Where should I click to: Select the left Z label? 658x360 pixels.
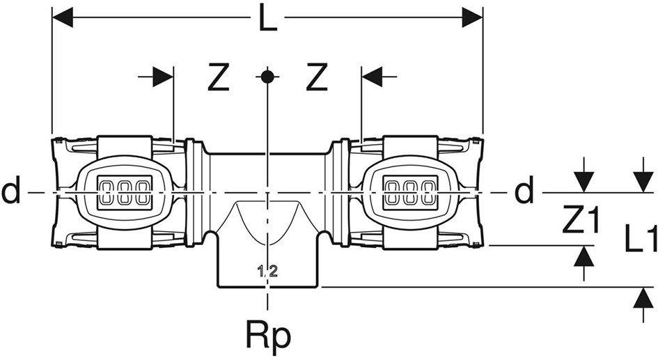click(x=219, y=79)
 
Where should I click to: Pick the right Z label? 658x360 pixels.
click(x=316, y=79)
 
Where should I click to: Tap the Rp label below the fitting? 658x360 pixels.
click(x=268, y=337)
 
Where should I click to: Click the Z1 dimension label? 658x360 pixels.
click(x=581, y=221)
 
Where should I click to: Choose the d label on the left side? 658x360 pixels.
click(x=11, y=191)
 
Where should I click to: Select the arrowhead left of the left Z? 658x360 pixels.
click(x=163, y=77)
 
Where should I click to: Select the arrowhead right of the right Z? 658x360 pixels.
click(x=372, y=77)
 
